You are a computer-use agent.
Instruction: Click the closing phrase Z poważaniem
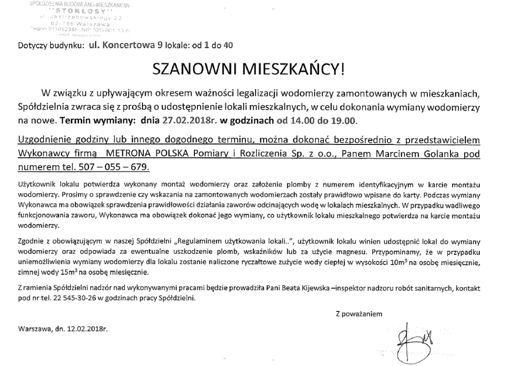pos(359,313)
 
